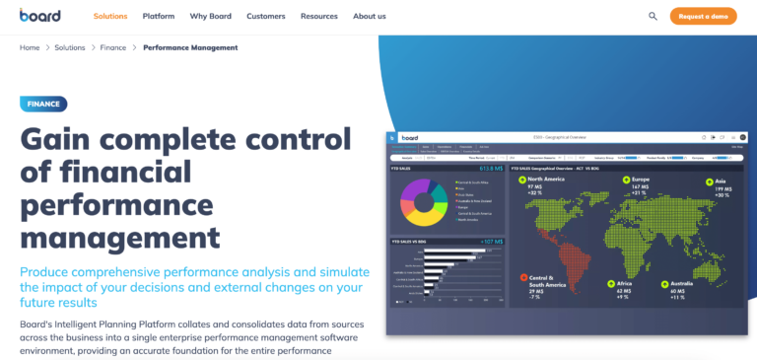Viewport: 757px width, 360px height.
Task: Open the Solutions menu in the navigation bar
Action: click(110, 17)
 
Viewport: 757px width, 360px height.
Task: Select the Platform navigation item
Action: click(159, 17)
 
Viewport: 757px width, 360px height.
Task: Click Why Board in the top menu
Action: click(211, 17)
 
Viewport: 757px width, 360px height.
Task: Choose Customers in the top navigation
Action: click(266, 17)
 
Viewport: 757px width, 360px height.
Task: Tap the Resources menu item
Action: click(319, 17)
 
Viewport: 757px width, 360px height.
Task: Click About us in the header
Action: click(370, 17)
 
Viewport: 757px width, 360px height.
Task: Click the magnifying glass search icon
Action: click(653, 16)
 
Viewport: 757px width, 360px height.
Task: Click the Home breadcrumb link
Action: click(30, 47)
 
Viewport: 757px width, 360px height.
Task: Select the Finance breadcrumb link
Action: click(113, 47)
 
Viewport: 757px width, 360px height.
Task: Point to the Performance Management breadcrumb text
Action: click(190, 47)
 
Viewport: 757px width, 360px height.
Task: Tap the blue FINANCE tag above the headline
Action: click(43, 103)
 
